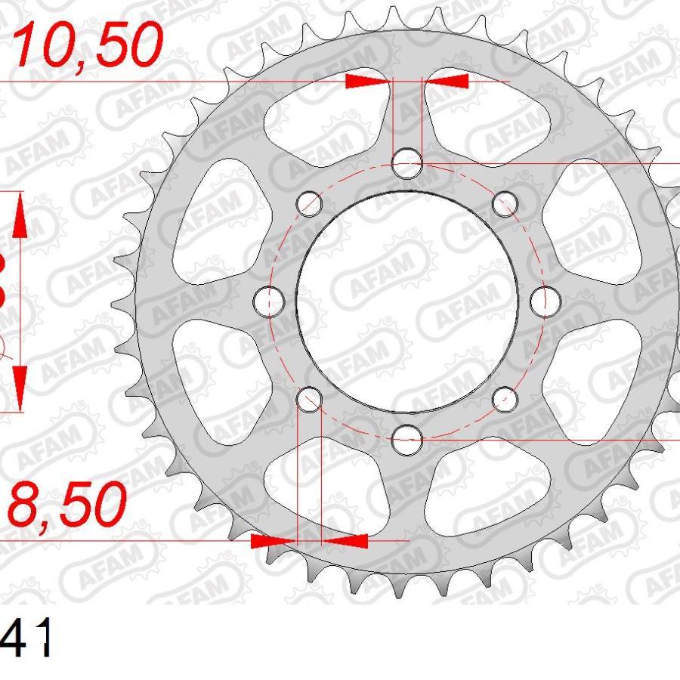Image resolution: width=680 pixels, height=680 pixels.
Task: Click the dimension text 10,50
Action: (x=89, y=45)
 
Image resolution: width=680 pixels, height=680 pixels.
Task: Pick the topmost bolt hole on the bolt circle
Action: (x=408, y=163)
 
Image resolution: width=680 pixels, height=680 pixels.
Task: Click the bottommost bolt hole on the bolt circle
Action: (x=408, y=437)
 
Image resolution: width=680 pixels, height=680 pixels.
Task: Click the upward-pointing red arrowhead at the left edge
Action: (x=20, y=215)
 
